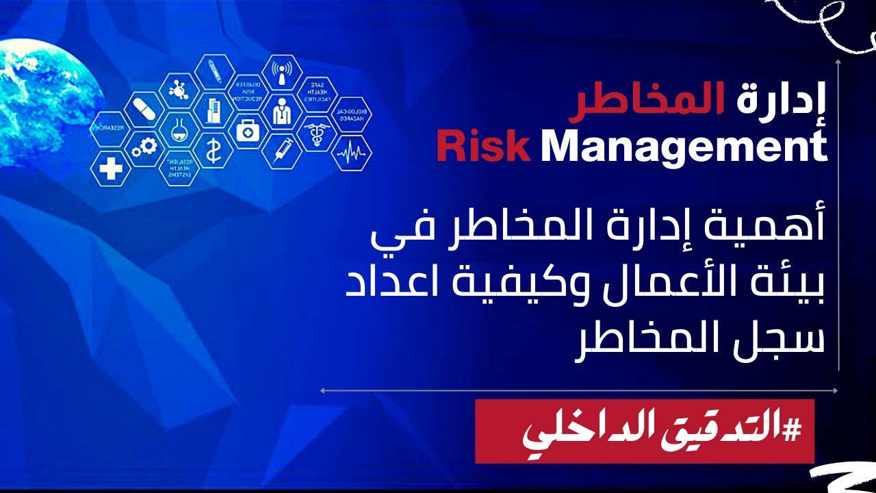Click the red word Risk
[x=483, y=147]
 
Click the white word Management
[x=684, y=147]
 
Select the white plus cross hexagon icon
[x=110, y=167]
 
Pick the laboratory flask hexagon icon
[x=179, y=128]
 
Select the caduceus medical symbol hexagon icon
[x=316, y=130]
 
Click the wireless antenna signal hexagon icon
[x=282, y=73]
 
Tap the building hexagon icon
[x=212, y=110]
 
